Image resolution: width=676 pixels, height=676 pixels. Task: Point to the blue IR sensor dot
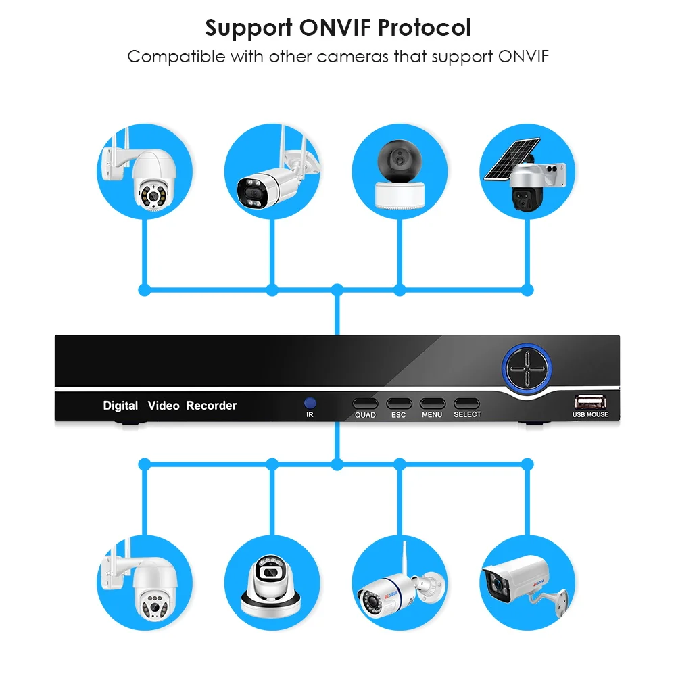(x=310, y=402)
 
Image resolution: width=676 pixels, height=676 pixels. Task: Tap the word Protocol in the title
(x=425, y=29)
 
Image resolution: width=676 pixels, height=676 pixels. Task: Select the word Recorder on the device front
(x=212, y=406)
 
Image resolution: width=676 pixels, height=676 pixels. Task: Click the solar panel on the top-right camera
(x=510, y=160)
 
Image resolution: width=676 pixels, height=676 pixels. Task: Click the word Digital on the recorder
(x=120, y=406)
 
